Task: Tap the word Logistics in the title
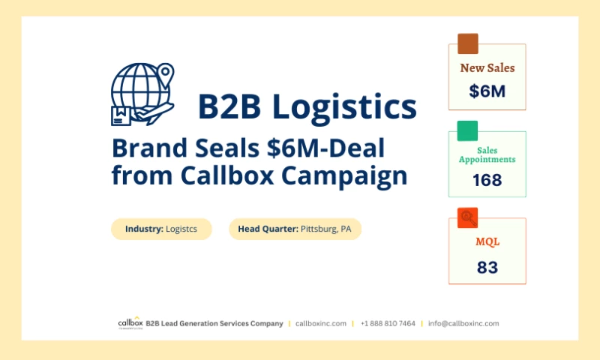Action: coord(345,106)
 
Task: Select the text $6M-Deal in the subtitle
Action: coord(325,148)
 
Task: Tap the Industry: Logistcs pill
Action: coord(161,229)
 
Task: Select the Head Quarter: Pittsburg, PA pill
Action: coord(295,229)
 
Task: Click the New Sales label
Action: coord(487,68)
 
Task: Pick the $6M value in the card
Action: coord(487,91)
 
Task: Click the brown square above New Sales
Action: coord(467,43)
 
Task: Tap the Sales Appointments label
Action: coord(487,154)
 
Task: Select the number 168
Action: coord(487,180)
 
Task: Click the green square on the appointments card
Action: coord(467,130)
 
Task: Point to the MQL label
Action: coord(487,241)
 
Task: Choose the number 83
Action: coord(487,267)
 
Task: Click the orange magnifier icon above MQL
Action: coord(467,217)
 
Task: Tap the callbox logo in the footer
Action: coord(128,323)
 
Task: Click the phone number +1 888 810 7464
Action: coord(388,323)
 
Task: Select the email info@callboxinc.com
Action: coord(463,323)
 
